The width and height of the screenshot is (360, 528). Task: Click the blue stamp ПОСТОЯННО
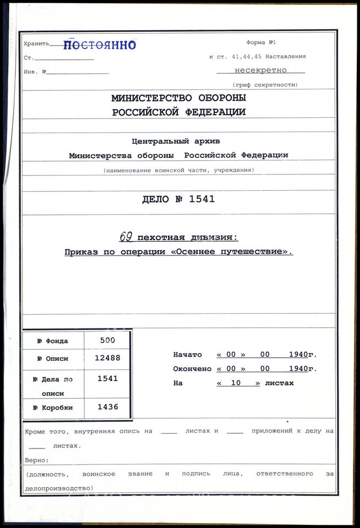[99, 45]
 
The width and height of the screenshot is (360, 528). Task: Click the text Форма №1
[261, 43]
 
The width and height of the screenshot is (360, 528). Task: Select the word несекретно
[261, 70]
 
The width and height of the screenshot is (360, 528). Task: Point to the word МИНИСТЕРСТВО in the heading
[151, 98]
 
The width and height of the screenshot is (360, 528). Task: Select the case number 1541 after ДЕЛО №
[202, 200]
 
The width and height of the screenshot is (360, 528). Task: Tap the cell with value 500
[108, 340]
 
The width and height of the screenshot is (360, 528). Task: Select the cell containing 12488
[108, 358]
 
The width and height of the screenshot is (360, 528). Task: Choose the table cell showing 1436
[108, 407]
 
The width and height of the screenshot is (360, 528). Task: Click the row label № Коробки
[53, 407]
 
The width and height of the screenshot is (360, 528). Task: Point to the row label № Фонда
[53, 340]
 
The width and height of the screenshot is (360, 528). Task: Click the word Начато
[188, 355]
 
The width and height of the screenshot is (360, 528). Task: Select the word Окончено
[192, 369]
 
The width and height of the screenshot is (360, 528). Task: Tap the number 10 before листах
[237, 383]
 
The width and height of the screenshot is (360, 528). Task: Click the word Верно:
[37, 459]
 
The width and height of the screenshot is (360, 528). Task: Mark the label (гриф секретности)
[265, 84]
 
